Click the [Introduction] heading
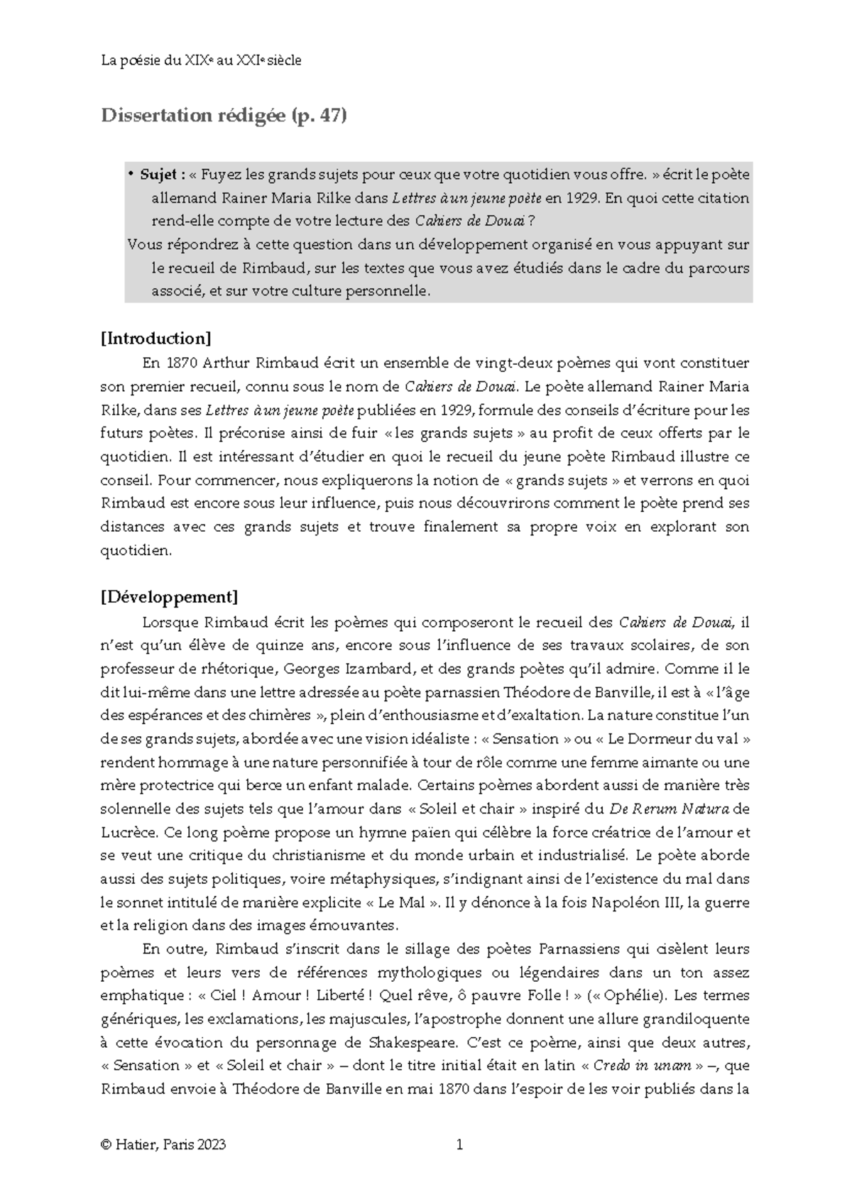(x=156, y=338)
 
